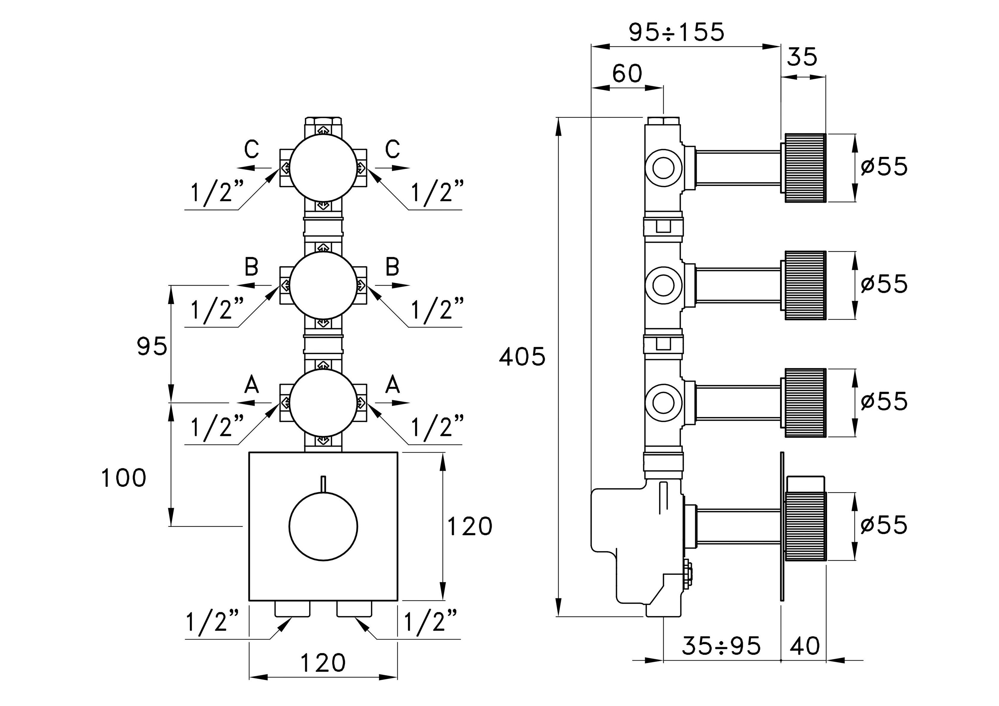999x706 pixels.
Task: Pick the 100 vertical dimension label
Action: point(124,478)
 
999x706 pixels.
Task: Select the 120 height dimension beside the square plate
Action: point(470,526)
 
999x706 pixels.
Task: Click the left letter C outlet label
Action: point(252,150)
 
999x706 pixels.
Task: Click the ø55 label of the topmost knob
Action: point(884,166)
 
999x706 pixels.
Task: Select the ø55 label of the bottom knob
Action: point(884,524)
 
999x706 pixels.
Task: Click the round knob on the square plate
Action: point(323,526)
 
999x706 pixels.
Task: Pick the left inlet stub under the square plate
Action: point(293,609)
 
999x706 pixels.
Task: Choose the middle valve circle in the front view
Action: point(323,285)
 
